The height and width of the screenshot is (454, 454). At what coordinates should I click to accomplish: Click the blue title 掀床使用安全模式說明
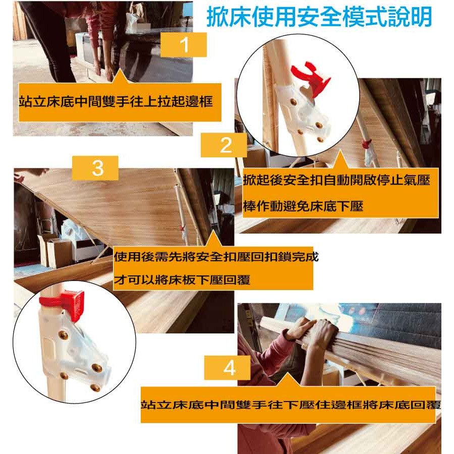tap(319, 17)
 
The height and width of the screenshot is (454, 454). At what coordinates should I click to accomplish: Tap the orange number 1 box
tap(184, 45)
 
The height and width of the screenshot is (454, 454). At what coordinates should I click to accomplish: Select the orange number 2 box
tap(225, 145)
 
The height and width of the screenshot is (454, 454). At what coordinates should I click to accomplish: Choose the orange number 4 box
tap(229, 368)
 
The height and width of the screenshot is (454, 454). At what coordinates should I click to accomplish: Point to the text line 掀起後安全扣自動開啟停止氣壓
tap(336, 180)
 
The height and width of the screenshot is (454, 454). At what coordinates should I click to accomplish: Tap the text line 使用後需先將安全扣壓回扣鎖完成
tap(216, 256)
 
